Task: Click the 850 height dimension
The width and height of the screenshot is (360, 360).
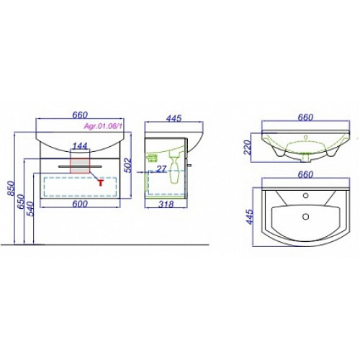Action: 12,189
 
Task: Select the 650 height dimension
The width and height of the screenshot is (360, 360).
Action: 22,202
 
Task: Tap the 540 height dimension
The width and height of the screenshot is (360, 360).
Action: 31,209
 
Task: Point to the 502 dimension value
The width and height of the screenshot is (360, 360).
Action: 128,165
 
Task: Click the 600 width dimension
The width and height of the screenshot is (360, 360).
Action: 80,204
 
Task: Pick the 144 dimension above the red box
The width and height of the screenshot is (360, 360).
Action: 80,145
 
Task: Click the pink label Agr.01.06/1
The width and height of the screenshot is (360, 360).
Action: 103,127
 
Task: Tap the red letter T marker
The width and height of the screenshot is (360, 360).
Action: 101,183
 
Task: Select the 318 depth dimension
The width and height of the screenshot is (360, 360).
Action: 166,204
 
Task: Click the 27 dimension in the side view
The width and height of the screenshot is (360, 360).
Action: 161,169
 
